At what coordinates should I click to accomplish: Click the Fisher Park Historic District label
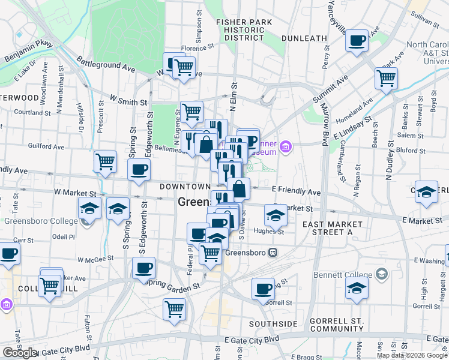pyautogui.click(x=244, y=29)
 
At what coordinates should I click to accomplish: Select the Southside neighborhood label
pyautogui.click(x=273, y=324)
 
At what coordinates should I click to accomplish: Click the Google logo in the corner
pyautogui.click(x=20, y=353)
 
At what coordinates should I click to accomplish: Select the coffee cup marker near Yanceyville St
pyautogui.click(x=358, y=41)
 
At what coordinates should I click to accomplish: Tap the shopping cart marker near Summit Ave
pyautogui.click(x=386, y=77)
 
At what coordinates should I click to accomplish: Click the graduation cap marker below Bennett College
pyautogui.click(x=357, y=287)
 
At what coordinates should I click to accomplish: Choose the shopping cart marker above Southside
pyautogui.click(x=174, y=309)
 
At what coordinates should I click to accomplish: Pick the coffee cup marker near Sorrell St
pyautogui.click(x=263, y=289)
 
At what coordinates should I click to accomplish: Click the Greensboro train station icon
pyautogui.click(x=273, y=253)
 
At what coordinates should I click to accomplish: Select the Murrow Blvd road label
pyautogui.click(x=324, y=129)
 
